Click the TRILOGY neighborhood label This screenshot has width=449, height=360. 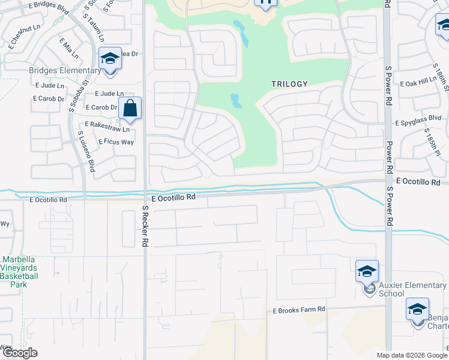pos(289,85)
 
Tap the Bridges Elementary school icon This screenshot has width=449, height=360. pos(110,59)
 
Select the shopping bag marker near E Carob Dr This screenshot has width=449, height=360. pos(130,109)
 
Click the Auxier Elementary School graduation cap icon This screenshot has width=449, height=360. pos(367,272)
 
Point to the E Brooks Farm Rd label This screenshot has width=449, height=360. pos(299,310)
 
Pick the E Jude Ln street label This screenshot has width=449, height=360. pos(109,94)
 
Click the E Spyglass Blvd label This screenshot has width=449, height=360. pos(418,122)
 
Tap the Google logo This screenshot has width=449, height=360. pos(20,353)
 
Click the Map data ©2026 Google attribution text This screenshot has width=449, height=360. pos(412,355)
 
